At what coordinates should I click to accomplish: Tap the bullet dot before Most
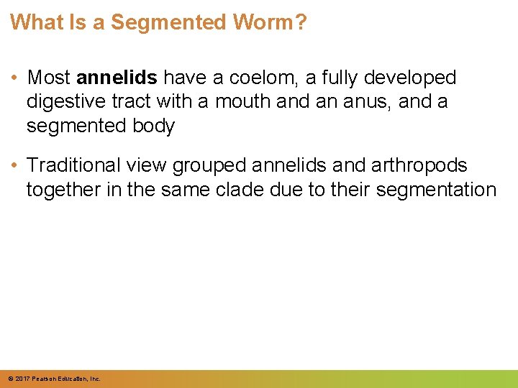point(15,78)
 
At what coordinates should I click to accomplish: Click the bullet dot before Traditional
point(15,165)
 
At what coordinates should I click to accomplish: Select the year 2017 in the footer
point(22,378)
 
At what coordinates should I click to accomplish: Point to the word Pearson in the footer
point(43,378)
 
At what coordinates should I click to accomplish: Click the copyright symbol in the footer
point(10,378)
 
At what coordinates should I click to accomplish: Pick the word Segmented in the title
point(168,22)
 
